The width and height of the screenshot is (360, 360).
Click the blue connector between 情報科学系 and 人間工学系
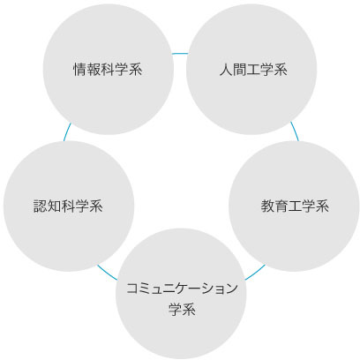click(x=180, y=53)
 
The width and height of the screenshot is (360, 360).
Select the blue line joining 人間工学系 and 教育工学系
click(x=295, y=131)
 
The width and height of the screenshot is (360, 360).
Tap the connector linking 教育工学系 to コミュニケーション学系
click(x=255, y=273)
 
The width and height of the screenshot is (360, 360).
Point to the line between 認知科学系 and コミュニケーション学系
click(x=107, y=273)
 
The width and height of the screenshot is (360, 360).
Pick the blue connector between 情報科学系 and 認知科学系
click(x=67, y=131)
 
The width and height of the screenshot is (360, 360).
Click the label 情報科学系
click(x=108, y=70)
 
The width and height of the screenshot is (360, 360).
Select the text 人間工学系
click(x=253, y=70)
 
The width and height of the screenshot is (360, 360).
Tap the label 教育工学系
click(x=295, y=206)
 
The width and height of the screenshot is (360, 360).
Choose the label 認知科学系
click(x=68, y=206)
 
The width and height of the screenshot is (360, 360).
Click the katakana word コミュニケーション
click(x=182, y=288)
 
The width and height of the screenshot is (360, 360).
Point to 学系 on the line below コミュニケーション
click(x=182, y=309)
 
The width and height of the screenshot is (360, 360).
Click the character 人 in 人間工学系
click(x=226, y=70)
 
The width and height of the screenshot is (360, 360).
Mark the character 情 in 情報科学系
click(x=79, y=70)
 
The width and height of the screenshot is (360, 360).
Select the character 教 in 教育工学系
click(x=267, y=206)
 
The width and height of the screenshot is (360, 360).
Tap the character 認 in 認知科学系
click(x=40, y=206)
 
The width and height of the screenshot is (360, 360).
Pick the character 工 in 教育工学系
click(x=295, y=206)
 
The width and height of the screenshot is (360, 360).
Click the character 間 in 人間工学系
click(x=239, y=70)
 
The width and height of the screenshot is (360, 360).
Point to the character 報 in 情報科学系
click(x=94, y=70)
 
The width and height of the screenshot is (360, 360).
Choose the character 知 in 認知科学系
click(x=54, y=206)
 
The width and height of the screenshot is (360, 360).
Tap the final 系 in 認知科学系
click(x=96, y=206)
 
